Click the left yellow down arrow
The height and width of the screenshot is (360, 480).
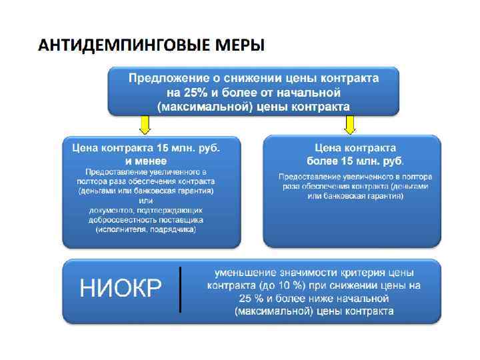tap(145, 123)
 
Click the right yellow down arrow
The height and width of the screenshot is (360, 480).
tap(349, 123)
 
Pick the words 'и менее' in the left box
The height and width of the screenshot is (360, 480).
tap(145, 161)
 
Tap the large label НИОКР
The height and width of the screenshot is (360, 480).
tap(121, 289)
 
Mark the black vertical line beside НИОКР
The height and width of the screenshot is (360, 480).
tap(181, 289)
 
